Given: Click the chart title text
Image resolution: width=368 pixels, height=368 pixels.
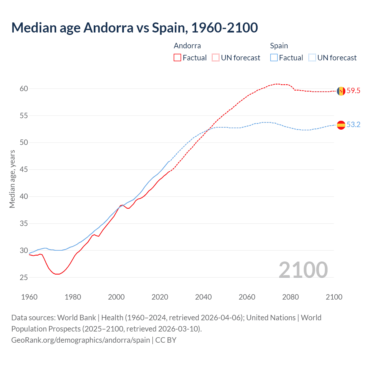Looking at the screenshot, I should pos(135,28).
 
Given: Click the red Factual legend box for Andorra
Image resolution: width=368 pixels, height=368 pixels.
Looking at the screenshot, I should pos(177,58).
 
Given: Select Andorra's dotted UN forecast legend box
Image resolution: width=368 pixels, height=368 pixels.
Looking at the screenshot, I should pos(216,58).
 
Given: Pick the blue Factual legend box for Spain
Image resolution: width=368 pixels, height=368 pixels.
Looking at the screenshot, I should pos(274,58).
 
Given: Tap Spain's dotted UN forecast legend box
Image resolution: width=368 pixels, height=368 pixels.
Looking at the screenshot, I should pos(312,58).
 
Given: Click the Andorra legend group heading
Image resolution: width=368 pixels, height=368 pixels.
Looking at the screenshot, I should pos(187,46).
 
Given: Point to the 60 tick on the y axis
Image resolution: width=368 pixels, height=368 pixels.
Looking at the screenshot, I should pos(24,89).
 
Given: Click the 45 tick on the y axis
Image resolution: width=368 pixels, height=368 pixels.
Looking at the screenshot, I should pos(24,170).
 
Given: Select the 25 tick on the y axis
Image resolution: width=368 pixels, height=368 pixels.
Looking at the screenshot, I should pos(24,278).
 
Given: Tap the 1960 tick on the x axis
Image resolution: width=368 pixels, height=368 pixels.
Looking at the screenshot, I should pos(29,297).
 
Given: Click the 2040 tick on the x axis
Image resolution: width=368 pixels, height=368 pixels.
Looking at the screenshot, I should pos(203,297).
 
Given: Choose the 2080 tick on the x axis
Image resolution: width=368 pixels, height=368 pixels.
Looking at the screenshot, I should pos(290,297).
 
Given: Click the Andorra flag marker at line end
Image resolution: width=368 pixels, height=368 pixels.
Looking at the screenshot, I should pos(341,91).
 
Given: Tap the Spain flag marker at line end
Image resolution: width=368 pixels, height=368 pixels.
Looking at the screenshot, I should pos(341,125).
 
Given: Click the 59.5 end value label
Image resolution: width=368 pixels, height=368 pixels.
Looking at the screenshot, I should pos(353,91).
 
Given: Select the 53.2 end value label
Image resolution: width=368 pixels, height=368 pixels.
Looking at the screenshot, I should pos(353,125).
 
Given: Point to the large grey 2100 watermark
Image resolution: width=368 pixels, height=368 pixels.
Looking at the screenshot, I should pos(303,270).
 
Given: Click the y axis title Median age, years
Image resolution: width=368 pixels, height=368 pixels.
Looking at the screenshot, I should pos(12,179).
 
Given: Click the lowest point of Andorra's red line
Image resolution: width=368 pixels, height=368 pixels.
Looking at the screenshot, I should pos(57,274).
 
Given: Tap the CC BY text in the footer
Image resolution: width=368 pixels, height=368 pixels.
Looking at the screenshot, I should pos(166,340).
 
